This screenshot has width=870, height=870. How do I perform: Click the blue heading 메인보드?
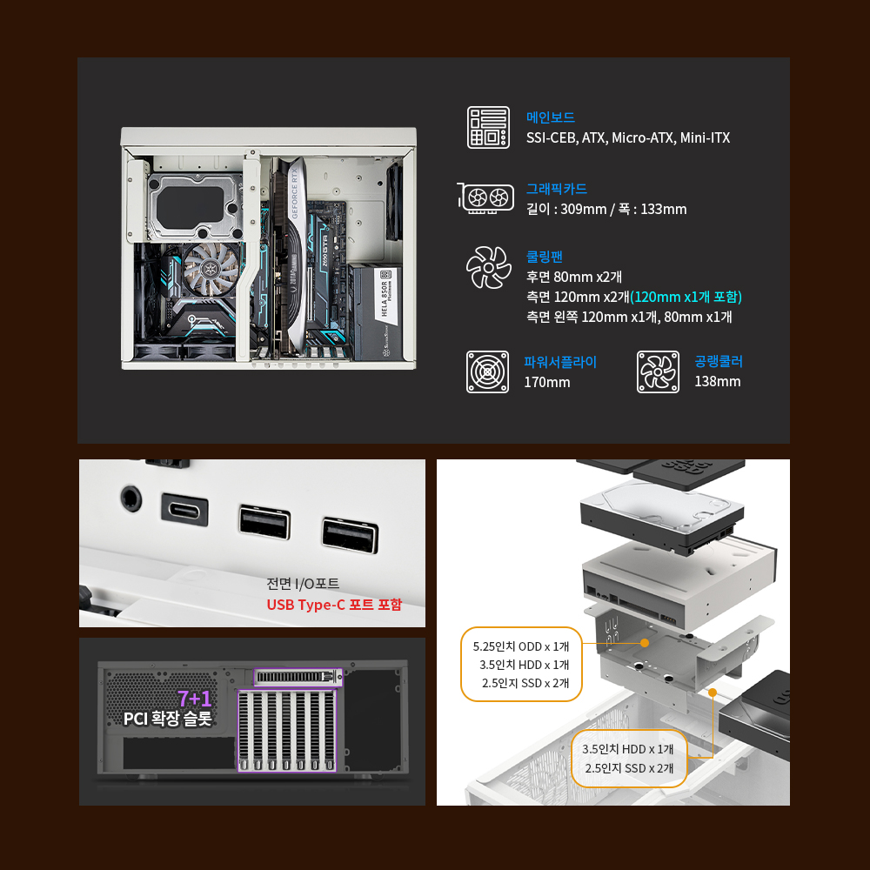[x=551, y=117]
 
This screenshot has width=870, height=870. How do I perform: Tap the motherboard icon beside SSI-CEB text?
[x=488, y=128]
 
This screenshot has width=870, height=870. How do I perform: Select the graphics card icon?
[x=486, y=197]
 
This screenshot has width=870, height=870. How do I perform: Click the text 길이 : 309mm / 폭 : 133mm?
[x=606, y=209]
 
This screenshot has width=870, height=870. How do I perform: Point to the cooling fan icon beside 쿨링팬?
[x=489, y=267]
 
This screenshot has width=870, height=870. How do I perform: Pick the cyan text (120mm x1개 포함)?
[x=686, y=297]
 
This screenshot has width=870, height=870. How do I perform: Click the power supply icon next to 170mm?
[x=488, y=371]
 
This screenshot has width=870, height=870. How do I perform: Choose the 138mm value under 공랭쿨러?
[x=718, y=382]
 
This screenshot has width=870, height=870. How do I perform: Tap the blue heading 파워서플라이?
[x=560, y=362]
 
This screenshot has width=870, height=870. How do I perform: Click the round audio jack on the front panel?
[x=131, y=499]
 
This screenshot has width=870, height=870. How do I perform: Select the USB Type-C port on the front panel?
[x=184, y=509]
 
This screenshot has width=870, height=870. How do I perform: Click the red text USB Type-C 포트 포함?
[x=334, y=605]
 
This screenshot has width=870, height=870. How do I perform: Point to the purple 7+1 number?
[x=195, y=698]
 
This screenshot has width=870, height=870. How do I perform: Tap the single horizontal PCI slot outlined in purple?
[x=298, y=677]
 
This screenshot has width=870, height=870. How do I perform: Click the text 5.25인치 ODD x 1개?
[x=521, y=646]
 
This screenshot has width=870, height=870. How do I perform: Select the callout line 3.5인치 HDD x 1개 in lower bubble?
[x=627, y=749]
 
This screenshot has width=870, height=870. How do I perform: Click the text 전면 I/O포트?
[x=303, y=584]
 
